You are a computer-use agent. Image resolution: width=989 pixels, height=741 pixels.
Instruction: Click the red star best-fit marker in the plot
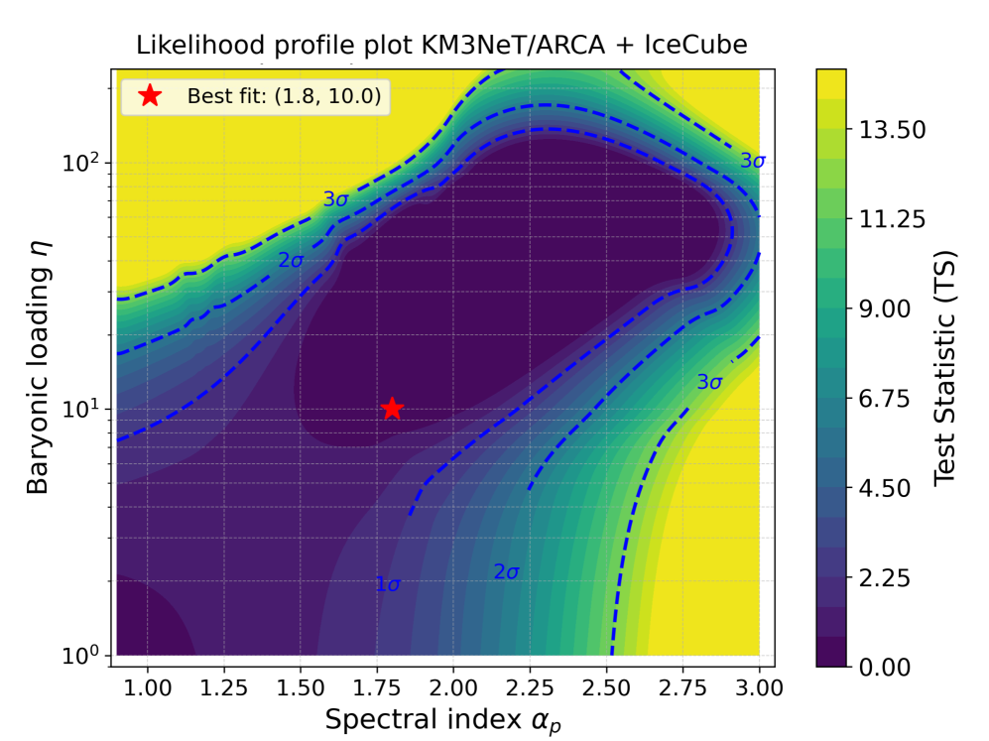(x=392, y=409)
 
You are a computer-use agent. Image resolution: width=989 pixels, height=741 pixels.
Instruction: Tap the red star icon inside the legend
(x=149, y=95)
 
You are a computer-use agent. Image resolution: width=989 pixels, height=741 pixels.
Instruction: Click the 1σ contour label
(x=388, y=584)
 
